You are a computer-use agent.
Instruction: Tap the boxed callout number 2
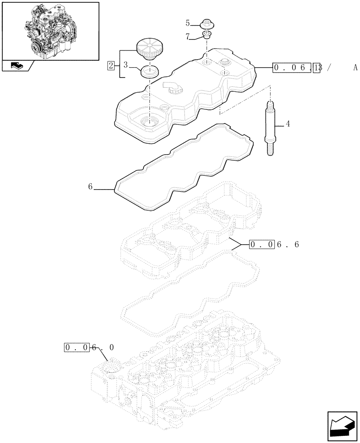[110, 66]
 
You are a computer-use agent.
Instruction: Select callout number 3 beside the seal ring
[125, 65]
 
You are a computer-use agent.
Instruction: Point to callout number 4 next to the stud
[288, 124]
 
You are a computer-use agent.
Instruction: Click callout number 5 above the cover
[188, 22]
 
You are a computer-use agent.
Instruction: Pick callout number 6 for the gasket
[90, 187]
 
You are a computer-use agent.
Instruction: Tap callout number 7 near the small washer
[188, 37]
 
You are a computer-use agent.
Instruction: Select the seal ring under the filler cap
[149, 71]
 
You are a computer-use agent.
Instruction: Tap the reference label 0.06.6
[274, 244]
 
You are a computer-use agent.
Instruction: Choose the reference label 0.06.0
[89, 348]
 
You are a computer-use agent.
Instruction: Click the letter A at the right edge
[355, 68]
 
